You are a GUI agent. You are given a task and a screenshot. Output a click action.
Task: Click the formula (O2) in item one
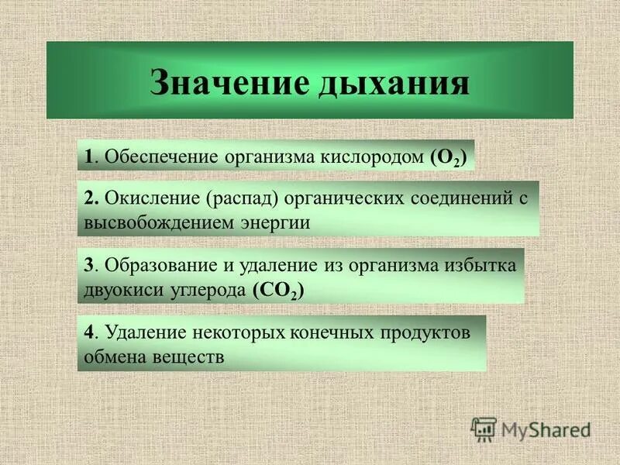pos(448,157)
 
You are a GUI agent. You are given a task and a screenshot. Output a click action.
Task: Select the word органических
pos(347,198)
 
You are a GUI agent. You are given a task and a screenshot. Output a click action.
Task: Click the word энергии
pos(275,223)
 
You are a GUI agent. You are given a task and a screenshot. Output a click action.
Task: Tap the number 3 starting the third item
pos(89,265)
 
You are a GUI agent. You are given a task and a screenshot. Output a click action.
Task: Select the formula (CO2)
pos(277,291)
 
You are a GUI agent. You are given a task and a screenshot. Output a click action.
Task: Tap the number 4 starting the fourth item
pos(90,332)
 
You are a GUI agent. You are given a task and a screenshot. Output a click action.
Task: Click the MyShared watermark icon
pos(484,429)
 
